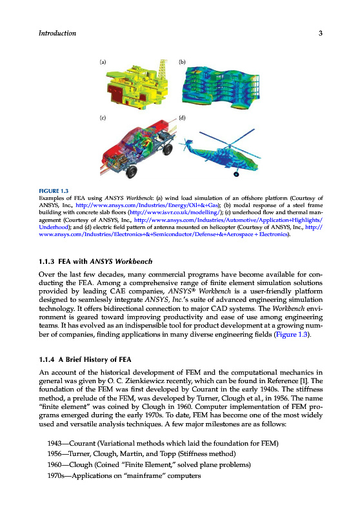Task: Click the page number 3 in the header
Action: coord(320,33)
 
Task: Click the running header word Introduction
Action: coord(57,33)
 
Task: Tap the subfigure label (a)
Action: coord(103,62)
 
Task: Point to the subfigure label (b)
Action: coord(182,62)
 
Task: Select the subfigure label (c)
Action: coord(103,117)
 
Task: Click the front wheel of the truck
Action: coord(132,172)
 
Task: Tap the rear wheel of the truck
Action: coord(168,149)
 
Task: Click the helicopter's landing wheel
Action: coord(236,174)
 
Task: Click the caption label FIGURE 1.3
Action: coord(54,191)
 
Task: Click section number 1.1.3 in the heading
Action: coord(46,262)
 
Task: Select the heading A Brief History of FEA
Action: coord(95,359)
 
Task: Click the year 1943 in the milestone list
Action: coord(55,443)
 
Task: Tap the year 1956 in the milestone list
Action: coord(55,454)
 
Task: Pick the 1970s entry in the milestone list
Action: coord(124,475)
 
